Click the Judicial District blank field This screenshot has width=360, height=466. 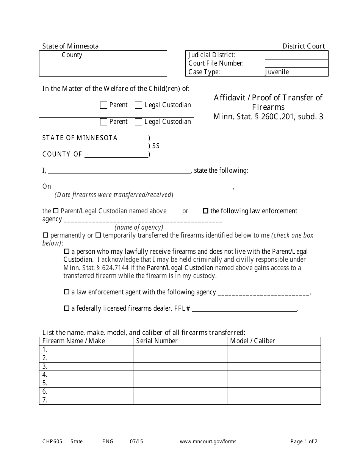pyautogui.click(x=296, y=55)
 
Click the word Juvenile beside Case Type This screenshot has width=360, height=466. pyautogui.click(x=277, y=72)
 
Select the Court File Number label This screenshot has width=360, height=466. pyautogui.click(x=216, y=63)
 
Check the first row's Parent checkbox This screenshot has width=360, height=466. pyautogui.click(x=103, y=105)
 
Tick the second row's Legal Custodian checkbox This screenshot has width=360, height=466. pyautogui.click(x=139, y=122)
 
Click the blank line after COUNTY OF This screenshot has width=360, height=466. pyautogui.click(x=116, y=154)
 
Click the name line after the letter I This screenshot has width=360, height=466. pyautogui.click(x=119, y=171)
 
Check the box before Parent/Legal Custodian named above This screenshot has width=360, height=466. pyautogui.click(x=56, y=211)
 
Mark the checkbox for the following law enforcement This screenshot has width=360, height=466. pyautogui.click(x=206, y=211)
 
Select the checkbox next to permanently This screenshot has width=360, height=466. pyautogui.click(x=45, y=235)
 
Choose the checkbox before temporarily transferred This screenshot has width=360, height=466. pyautogui.click(x=98, y=235)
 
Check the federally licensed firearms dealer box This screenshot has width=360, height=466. pyautogui.click(x=67, y=308)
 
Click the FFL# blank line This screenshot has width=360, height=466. pyautogui.click(x=244, y=309)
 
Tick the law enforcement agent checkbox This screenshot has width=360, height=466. pyautogui.click(x=67, y=292)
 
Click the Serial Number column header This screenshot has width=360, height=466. pyautogui.click(x=157, y=341)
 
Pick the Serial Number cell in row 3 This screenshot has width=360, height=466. pyautogui.click(x=180, y=366)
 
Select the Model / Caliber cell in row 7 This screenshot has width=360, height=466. pyautogui.click(x=274, y=400)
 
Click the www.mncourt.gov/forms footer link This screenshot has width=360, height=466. pyautogui.click(x=208, y=441)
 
